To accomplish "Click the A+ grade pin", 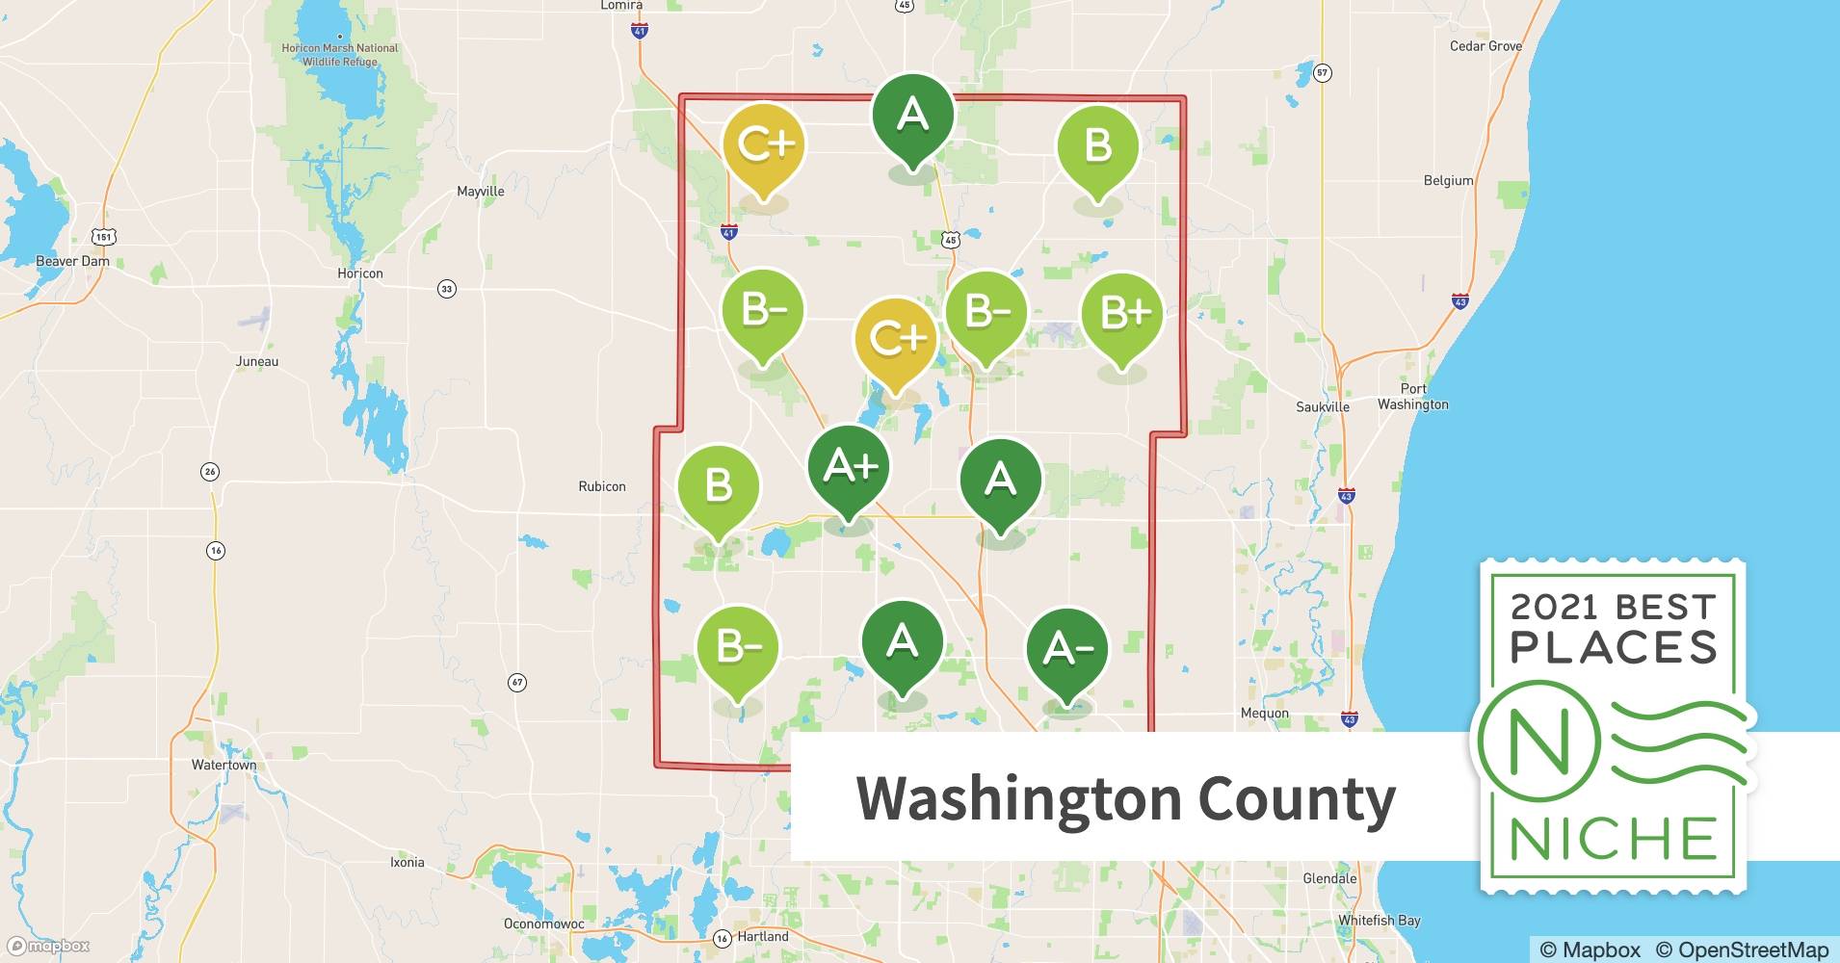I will (849, 468).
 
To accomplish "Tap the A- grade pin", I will (1066, 649).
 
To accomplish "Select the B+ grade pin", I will (1121, 314).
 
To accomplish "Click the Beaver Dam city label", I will (72, 261).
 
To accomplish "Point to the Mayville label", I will (480, 192).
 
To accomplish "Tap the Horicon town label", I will (359, 273).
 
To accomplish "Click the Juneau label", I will (257, 362).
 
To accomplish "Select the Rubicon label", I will (601, 486).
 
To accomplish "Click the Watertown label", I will (223, 766).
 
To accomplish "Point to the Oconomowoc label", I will (543, 924).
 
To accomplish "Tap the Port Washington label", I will (1412, 397).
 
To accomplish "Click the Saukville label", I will (1322, 407).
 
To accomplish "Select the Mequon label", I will (1264, 714).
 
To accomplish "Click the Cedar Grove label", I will (1485, 46).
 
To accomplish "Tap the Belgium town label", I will (1448, 181).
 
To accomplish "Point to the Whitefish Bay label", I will (1379, 921).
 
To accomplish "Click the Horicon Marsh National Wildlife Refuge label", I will (339, 55).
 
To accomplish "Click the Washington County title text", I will (1125, 798).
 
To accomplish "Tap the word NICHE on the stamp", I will (1613, 840).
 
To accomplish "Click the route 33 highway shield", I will (446, 289).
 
